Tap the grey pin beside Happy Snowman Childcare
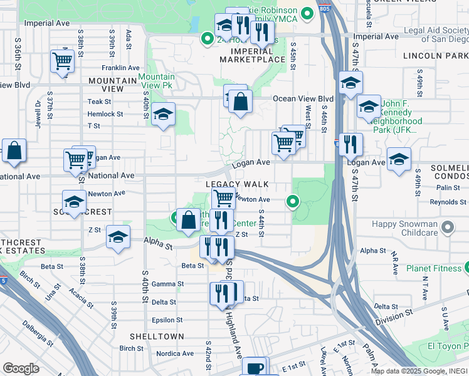pyautogui.click(x=448, y=226)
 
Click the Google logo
pyautogui.click(x=21, y=368)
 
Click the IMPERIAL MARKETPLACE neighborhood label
pyautogui.click(x=253, y=55)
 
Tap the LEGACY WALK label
pyautogui.click(x=237, y=184)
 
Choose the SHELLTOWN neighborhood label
pyautogui.click(x=157, y=337)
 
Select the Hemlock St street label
pyautogui.click(x=105, y=114)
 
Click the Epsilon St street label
pyautogui.click(x=167, y=320)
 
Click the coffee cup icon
pyautogui.click(x=255, y=368)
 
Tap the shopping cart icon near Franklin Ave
pyautogui.click(x=63, y=61)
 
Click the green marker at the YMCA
pyautogui.click(x=307, y=13)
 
